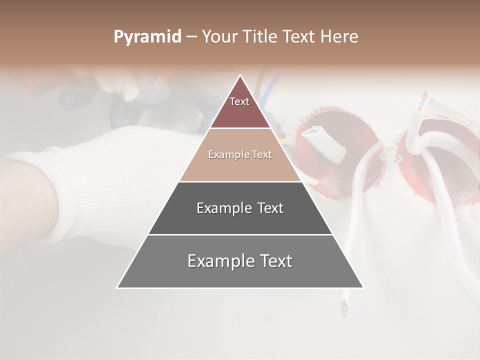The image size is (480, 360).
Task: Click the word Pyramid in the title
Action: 147,37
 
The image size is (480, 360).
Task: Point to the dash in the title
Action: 191,37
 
